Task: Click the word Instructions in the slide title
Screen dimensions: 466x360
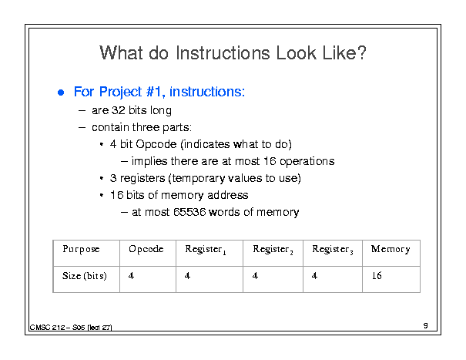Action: pos(223,53)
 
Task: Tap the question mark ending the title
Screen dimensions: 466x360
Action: pos(362,52)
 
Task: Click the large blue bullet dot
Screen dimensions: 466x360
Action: pos(61,93)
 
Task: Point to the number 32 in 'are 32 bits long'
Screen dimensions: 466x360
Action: pos(119,110)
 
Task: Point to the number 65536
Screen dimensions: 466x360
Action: pos(189,212)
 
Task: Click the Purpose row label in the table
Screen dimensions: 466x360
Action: pos(81,249)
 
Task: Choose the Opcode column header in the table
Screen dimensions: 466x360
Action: pos(146,249)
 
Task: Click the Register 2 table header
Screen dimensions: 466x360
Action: pos(273,250)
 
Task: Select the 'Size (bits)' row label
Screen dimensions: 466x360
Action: pos(85,276)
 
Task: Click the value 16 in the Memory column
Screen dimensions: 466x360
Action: pos(377,276)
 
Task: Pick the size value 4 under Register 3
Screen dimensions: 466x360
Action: pos(314,276)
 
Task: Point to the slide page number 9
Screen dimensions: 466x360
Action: pos(426,325)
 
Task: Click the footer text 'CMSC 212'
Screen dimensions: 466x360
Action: pos(47,328)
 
